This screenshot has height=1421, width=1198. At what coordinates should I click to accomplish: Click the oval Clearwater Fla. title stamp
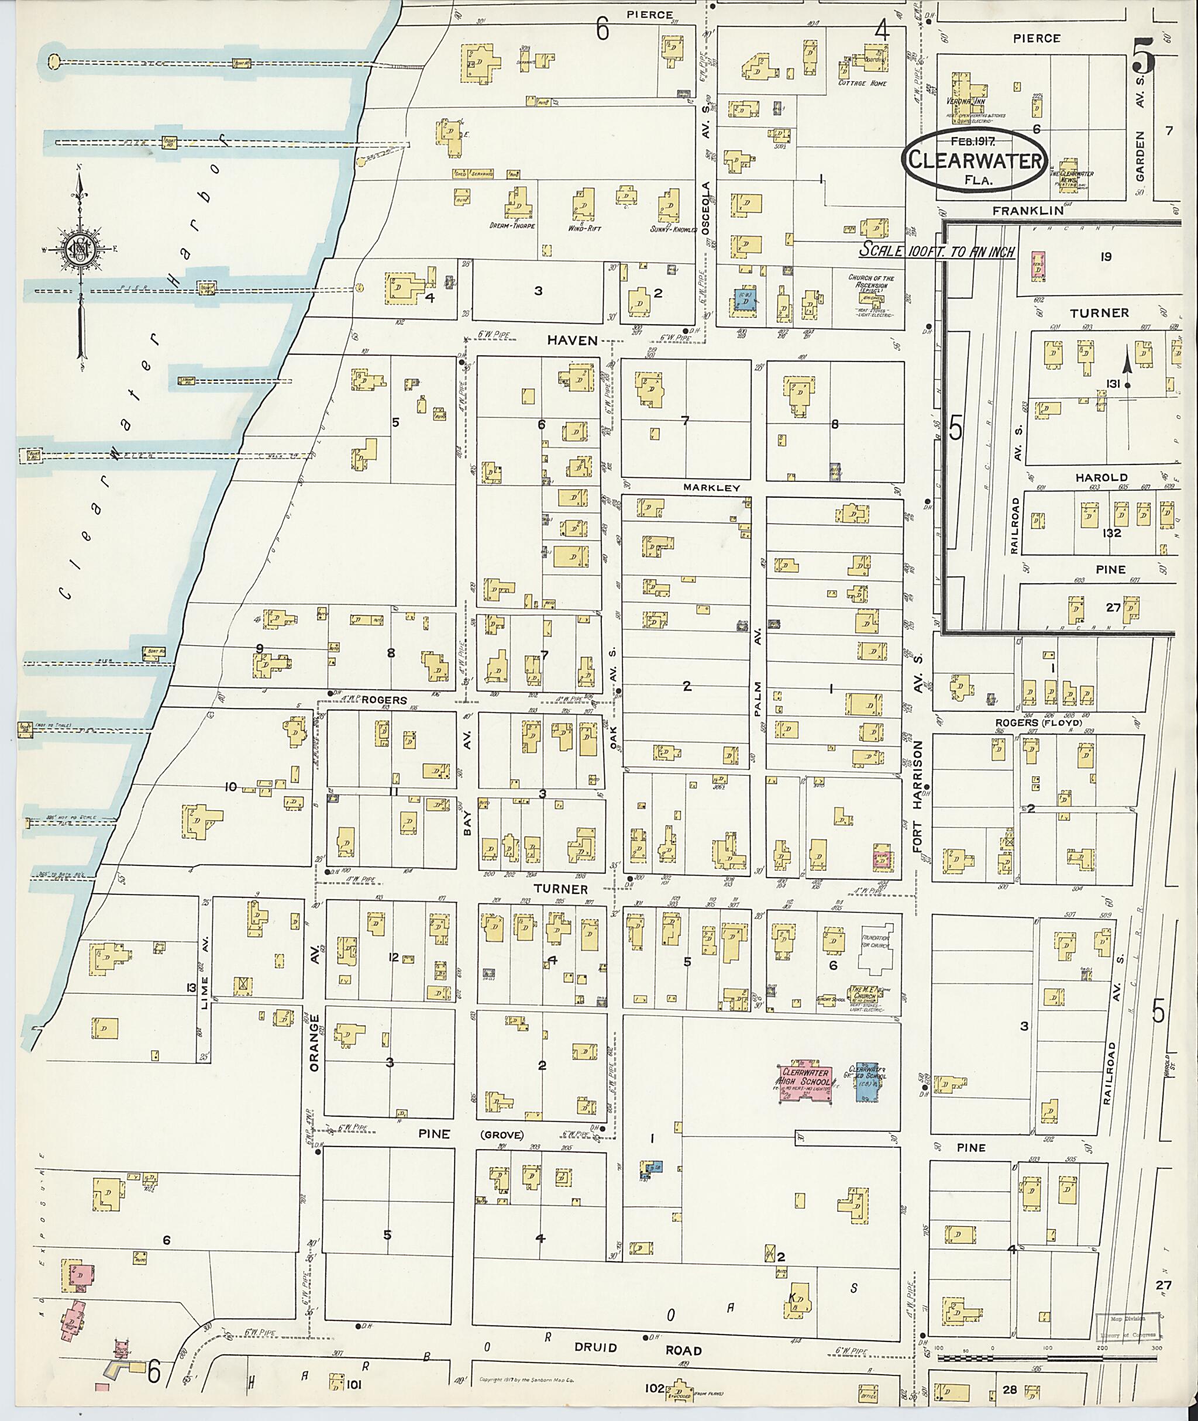[975, 160]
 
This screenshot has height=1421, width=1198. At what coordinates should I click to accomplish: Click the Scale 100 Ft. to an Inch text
[937, 250]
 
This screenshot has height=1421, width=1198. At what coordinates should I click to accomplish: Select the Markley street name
[712, 488]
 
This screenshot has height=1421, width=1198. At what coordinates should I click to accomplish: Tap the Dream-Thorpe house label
[513, 225]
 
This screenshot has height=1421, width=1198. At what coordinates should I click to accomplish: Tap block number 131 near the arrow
[1113, 384]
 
